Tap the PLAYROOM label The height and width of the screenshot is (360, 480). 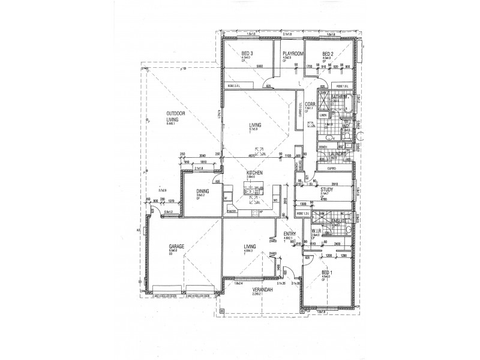click(292, 53)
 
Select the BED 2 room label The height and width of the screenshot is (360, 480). click(327, 53)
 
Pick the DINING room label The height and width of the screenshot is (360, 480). click(202, 191)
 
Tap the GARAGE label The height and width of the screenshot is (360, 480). click(176, 247)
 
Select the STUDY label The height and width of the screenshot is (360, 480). click(327, 189)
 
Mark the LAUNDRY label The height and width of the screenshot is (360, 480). click(338, 154)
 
